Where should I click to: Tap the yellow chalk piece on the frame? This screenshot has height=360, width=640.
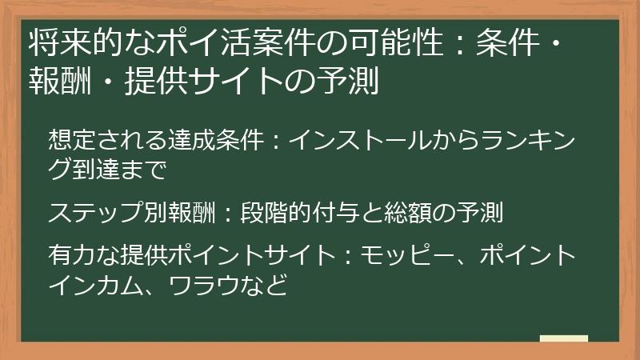(564, 338)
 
